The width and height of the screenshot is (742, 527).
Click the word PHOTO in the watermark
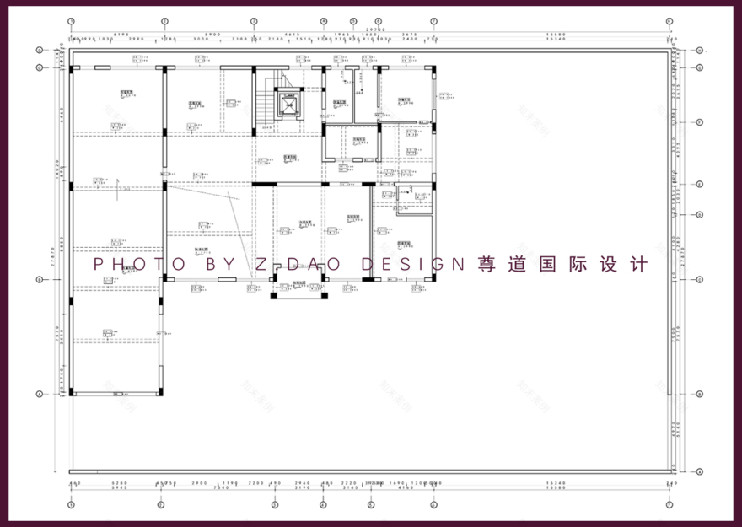(138, 264)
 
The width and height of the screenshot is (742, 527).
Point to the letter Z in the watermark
(261, 264)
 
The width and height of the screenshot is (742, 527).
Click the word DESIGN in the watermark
(412, 264)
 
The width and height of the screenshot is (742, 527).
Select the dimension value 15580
(554, 35)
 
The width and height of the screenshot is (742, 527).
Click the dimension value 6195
(117, 35)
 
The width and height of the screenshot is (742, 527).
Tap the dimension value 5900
(211, 35)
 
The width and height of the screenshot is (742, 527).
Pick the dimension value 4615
(291, 35)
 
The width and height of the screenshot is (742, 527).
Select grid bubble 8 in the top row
(669, 20)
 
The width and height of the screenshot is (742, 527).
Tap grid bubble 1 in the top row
(72, 20)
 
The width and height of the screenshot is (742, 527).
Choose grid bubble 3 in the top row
(254, 20)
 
